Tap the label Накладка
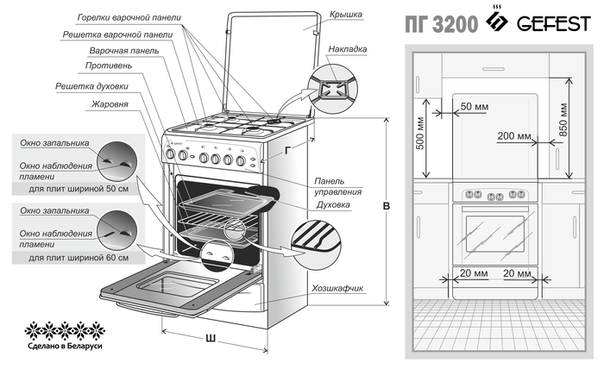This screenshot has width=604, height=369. click(x=349, y=50)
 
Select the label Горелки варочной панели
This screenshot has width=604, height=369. click(x=129, y=16)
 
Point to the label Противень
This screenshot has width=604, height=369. click(x=109, y=66)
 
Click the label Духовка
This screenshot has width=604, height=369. click(x=334, y=206)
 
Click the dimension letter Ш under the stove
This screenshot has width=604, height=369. click(x=210, y=336)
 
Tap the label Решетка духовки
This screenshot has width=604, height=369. click(x=92, y=86)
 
